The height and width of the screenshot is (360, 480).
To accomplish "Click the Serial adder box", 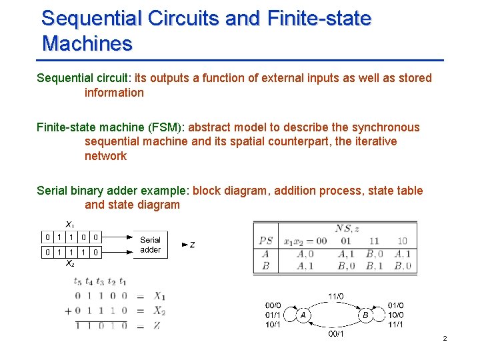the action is pos(150,245).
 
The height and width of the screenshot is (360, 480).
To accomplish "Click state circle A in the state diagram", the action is pos(303,315).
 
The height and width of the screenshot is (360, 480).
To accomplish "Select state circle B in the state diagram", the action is pos(365,315).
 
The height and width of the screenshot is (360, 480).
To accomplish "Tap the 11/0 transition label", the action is pos(336,296).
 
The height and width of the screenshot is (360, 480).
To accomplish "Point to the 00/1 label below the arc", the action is pos(336,333).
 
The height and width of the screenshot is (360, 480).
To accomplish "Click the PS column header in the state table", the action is pos(266,241).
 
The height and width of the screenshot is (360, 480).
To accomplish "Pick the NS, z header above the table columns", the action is pos(348,228).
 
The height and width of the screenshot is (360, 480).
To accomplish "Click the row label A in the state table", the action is pos(265,253).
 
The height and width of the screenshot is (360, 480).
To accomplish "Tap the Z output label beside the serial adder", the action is pos(192,245).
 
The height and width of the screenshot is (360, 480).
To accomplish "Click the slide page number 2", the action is pos(445,339).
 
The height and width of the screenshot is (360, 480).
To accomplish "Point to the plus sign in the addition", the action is pos(68,311).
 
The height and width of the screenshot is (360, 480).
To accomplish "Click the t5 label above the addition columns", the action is pos(79,281).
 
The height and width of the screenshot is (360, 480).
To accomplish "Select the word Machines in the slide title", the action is pos(87,44).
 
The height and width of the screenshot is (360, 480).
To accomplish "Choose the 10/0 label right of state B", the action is pos(396,315).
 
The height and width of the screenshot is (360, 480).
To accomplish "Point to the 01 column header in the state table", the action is pos(346,241).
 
